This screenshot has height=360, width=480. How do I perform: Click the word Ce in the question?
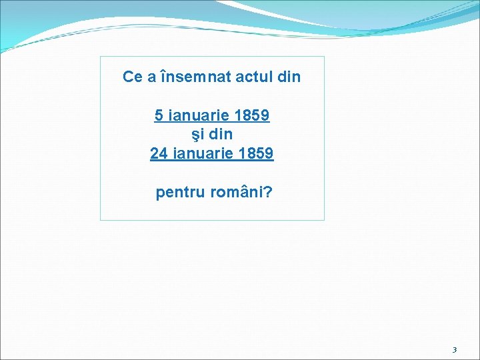(132, 77)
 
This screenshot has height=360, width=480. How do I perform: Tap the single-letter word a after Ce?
(152, 77)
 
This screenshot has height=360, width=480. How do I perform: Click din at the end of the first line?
(288, 77)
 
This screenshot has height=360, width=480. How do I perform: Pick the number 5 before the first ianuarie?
(159, 115)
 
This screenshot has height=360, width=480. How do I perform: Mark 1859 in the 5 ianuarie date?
(253, 115)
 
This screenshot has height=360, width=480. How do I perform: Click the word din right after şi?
(220, 135)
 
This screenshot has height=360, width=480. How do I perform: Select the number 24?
(159, 154)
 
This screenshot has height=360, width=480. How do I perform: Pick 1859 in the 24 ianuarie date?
(256, 154)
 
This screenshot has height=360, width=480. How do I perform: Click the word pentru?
(181, 193)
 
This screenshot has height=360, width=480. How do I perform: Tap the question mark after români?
(268, 193)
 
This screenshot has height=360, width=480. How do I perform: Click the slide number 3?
(455, 349)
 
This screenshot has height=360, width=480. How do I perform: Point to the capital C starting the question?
(128, 77)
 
